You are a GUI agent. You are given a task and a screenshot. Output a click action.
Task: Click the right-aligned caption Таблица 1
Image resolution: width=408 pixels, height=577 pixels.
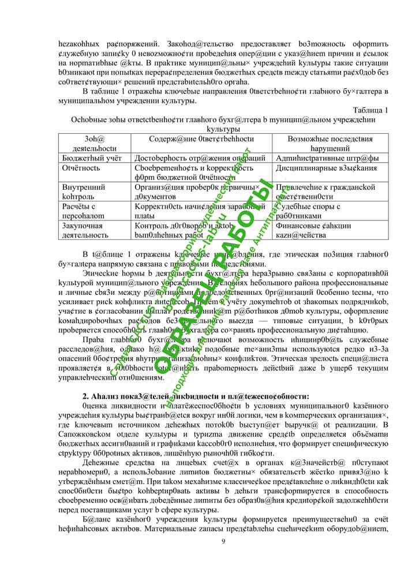[x=369, y=110]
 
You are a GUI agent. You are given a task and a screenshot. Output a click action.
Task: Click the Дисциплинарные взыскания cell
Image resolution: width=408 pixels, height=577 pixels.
[x=327, y=168]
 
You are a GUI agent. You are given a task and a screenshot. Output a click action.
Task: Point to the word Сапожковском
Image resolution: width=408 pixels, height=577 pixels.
[x=88, y=426]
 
